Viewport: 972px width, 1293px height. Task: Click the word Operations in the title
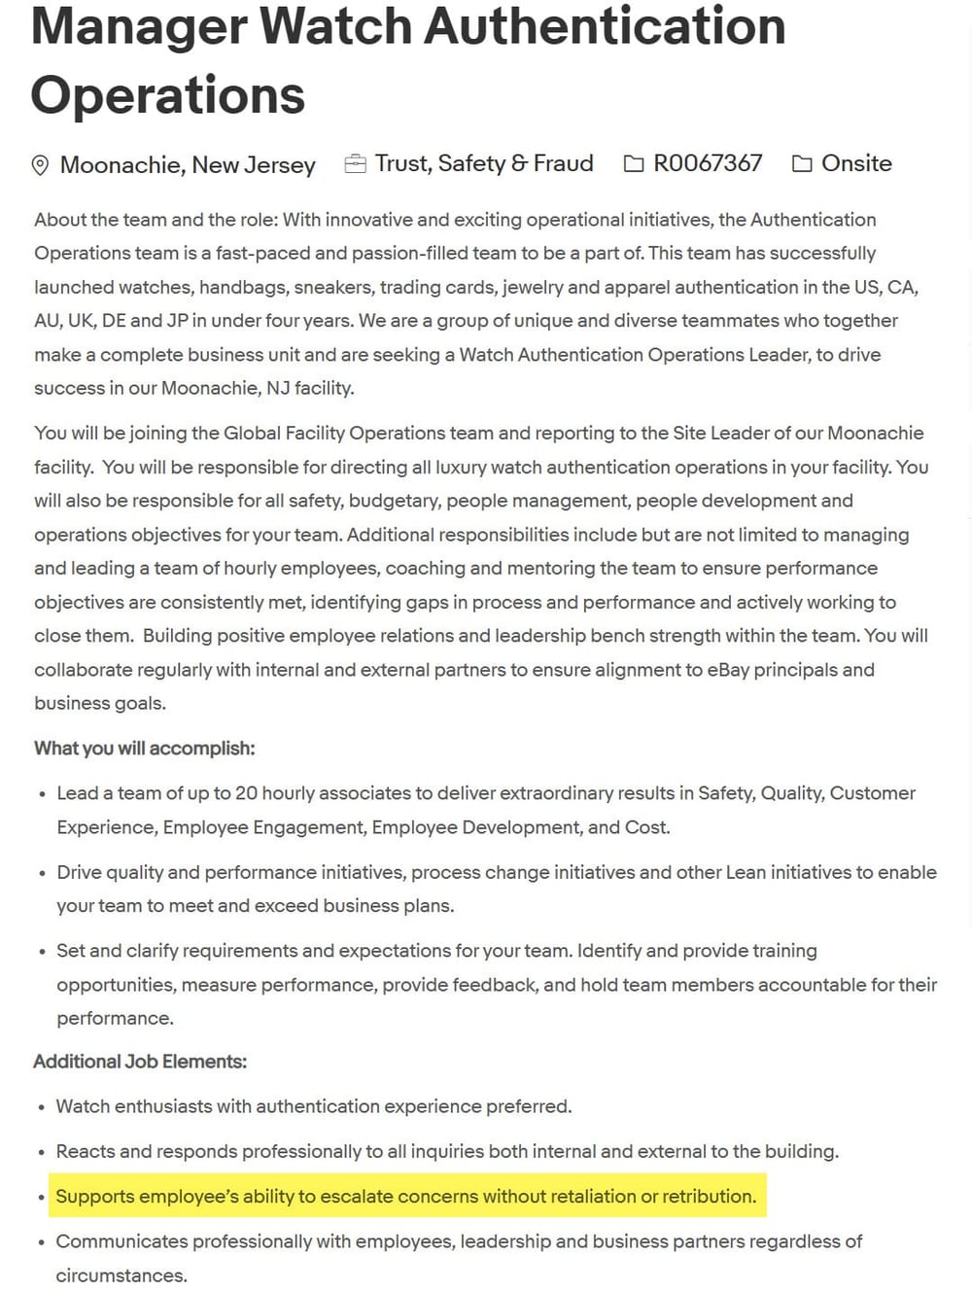(x=167, y=95)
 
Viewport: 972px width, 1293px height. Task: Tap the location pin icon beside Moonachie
(x=40, y=165)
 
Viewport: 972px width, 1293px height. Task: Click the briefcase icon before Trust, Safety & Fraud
(x=355, y=163)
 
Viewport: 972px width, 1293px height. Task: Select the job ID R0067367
(x=708, y=163)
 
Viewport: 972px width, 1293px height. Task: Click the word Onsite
(x=856, y=163)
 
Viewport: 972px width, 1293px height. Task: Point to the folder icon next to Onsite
(x=802, y=163)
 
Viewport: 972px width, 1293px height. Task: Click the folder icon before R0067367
(x=634, y=163)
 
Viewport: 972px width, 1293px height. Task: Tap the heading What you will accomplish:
(x=145, y=749)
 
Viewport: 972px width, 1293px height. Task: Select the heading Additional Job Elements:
(x=140, y=1062)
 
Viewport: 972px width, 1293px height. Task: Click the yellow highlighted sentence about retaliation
(x=405, y=1197)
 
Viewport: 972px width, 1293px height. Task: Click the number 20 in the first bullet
(x=246, y=793)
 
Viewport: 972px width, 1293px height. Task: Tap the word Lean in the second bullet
(x=746, y=872)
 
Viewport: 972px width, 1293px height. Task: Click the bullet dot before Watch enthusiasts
(x=41, y=1107)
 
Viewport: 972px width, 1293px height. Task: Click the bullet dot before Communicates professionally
(x=41, y=1242)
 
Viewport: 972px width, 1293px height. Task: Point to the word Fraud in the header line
(x=564, y=163)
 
